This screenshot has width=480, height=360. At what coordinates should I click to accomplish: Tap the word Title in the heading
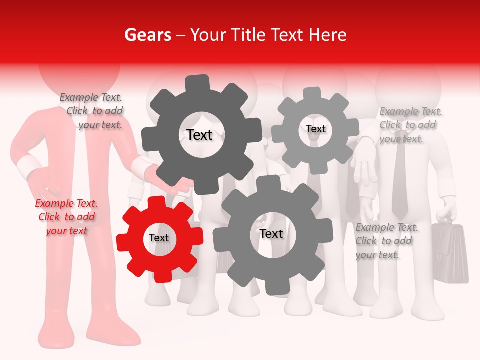pos(247,35)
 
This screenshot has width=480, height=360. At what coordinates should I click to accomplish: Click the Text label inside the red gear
pos(159,238)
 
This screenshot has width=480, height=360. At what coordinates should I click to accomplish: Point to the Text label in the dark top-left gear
pos(199,134)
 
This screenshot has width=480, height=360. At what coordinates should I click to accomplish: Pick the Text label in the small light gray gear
pos(316,129)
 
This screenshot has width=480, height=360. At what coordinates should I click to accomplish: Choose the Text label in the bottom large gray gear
pos(271,233)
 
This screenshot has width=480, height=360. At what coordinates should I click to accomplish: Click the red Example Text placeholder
pos(66,217)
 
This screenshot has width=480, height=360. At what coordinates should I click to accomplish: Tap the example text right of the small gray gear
pos(410,125)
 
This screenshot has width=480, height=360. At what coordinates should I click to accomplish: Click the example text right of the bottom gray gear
pos(386,241)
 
